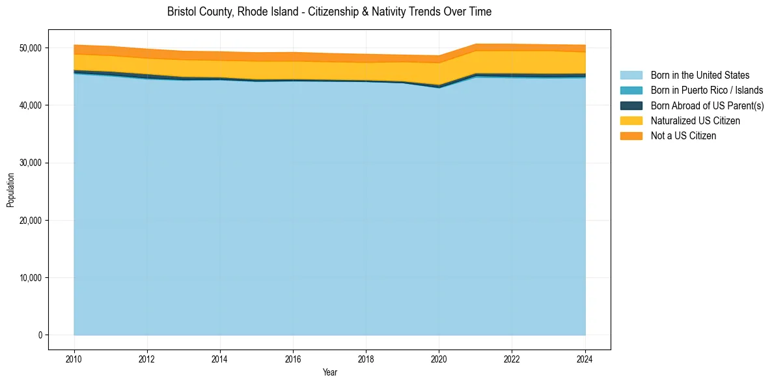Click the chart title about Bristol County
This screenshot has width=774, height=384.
(329, 12)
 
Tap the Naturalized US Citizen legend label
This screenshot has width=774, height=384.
(695, 120)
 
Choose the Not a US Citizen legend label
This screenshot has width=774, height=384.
(684, 135)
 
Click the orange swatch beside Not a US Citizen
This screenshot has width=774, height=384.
(631, 135)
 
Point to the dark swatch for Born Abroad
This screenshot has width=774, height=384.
(631, 105)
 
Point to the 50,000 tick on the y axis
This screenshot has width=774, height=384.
(31, 48)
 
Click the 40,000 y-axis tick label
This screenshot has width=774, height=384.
(31, 105)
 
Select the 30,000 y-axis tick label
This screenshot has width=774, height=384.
(31, 163)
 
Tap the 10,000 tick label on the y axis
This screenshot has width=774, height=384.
(31, 278)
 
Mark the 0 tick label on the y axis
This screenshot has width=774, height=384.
(40, 335)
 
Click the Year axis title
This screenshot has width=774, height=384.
(329, 372)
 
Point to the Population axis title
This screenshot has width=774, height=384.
(10, 190)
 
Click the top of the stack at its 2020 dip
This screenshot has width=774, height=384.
(439, 56)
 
